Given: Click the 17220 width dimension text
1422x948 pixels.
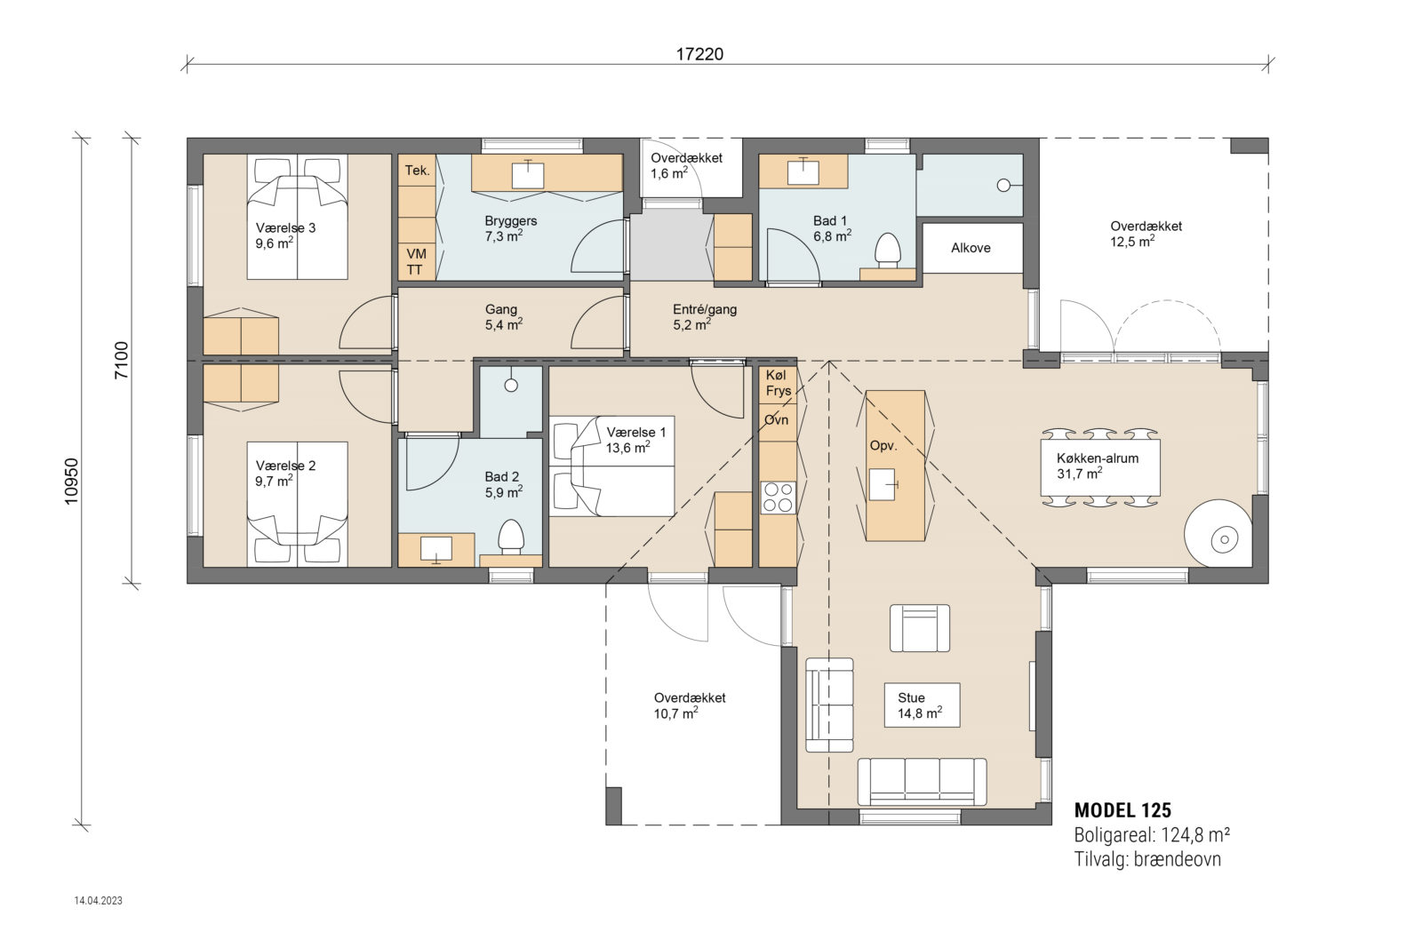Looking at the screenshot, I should point(699,54).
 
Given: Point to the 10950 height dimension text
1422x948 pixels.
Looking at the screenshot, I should point(72,481).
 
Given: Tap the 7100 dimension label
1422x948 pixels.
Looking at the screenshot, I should point(122,360).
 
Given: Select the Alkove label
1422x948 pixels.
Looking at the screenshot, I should point(971,248).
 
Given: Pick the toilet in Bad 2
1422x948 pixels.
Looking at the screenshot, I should point(510,537).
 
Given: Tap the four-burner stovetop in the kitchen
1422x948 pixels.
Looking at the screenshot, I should point(778,498).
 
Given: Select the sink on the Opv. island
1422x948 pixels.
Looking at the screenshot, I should point(883,485).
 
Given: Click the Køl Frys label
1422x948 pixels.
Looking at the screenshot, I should point(778,383).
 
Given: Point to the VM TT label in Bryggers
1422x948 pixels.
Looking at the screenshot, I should point(416,261).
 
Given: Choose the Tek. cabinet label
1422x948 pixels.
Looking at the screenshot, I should point(417,171).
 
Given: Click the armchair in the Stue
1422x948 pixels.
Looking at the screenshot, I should point(920,628).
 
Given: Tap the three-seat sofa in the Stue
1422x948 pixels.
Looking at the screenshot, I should point(922,782).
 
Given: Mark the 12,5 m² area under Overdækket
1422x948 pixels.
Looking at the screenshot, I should point(1132,242).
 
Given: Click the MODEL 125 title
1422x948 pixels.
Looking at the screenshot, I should point(1122,810).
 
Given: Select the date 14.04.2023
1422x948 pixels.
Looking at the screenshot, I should point(99,901).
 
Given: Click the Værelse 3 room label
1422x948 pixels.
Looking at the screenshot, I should point(285,228).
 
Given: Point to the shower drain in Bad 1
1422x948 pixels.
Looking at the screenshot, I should point(1003,185).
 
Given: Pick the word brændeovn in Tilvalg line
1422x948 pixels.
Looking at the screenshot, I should point(1177,859).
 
